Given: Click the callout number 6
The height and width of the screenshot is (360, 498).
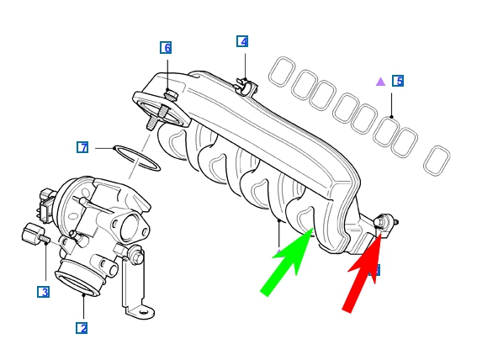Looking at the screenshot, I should click(x=167, y=48).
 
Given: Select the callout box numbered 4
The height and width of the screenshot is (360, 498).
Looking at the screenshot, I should click(x=242, y=41).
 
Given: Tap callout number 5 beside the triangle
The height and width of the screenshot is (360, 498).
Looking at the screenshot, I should click(x=398, y=81).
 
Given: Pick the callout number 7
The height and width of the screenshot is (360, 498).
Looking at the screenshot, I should click(x=82, y=147).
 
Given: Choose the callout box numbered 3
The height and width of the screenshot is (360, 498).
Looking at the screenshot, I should click(x=43, y=292).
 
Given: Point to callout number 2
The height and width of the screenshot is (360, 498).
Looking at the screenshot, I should click(x=82, y=328).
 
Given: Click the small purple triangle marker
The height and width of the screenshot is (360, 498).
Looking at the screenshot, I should click(x=380, y=82).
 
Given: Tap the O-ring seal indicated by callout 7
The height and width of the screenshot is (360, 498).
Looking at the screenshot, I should click(x=136, y=157).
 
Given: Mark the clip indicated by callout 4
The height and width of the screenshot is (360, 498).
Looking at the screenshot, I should click(x=246, y=85).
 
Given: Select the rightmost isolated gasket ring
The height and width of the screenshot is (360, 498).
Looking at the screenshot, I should click(x=437, y=161).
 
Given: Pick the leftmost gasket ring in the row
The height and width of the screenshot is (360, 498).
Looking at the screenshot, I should click(x=281, y=71).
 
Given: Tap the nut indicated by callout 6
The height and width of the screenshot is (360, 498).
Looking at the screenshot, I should click(x=172, y=95).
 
